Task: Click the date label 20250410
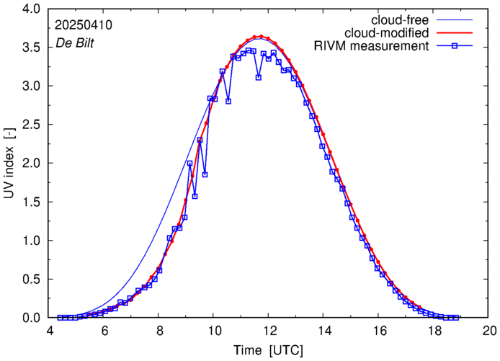tap(84, 25)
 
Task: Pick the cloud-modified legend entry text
tap(388, 33)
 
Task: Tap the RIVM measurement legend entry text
tap(372, 47)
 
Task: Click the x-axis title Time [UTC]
tap(267, 350)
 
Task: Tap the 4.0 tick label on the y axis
tap(32, 9)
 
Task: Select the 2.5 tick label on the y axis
tap(32, 125)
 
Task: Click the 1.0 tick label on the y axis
tap(32, 241)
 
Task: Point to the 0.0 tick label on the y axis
tap(32, 318)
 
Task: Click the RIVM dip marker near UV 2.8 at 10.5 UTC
tap(228, 101)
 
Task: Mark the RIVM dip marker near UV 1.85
tap(205, 174)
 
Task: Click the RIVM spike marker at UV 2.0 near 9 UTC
tap(189, 163)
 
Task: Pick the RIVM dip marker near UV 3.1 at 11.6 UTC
tap(258, 77)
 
